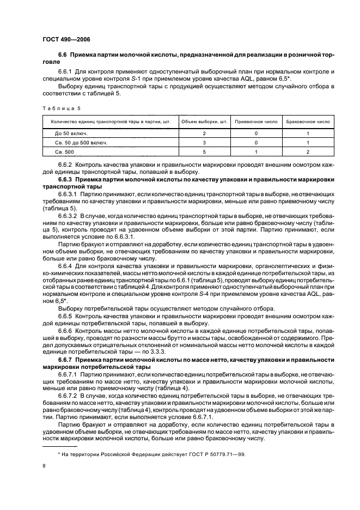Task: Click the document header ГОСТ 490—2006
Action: (x=64, y=40)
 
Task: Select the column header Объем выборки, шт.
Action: (x=204, y=122)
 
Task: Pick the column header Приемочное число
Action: (x=255, y=122)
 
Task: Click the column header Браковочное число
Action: (x=308, y=122)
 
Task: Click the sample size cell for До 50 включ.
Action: (x=204, y=133)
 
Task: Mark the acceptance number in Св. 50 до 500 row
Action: (x=255, y=143)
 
